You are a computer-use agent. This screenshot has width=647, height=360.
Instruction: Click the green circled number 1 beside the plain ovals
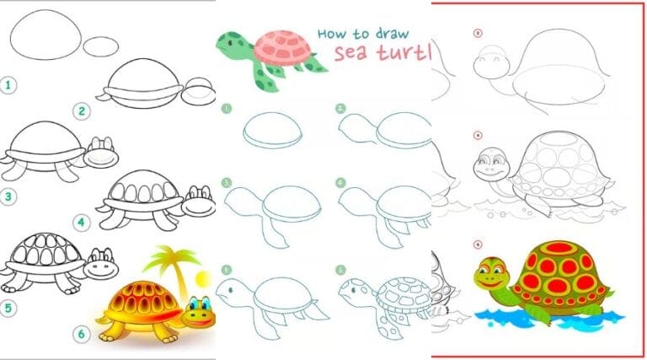[x=9, y=85]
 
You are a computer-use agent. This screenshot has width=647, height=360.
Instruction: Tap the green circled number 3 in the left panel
[x=9, y=196]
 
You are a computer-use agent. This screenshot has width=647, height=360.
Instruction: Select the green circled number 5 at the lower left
[x=9, y=308]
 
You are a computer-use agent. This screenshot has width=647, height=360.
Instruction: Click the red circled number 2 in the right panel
[x=478, y=35]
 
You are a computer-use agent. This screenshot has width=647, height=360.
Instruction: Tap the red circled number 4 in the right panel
[x=478, y=135]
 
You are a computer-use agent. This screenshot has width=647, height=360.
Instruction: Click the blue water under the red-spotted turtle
[x=548, y=319]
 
